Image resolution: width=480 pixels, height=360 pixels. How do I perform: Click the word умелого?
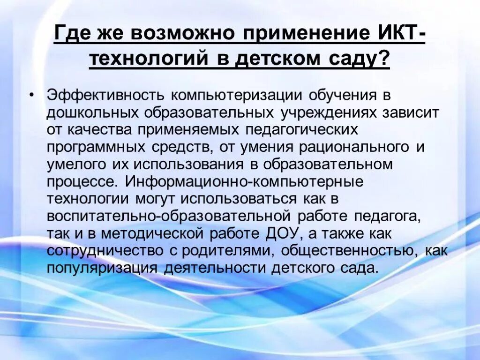point(75,165)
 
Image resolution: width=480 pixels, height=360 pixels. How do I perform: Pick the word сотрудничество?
point(104,250)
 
